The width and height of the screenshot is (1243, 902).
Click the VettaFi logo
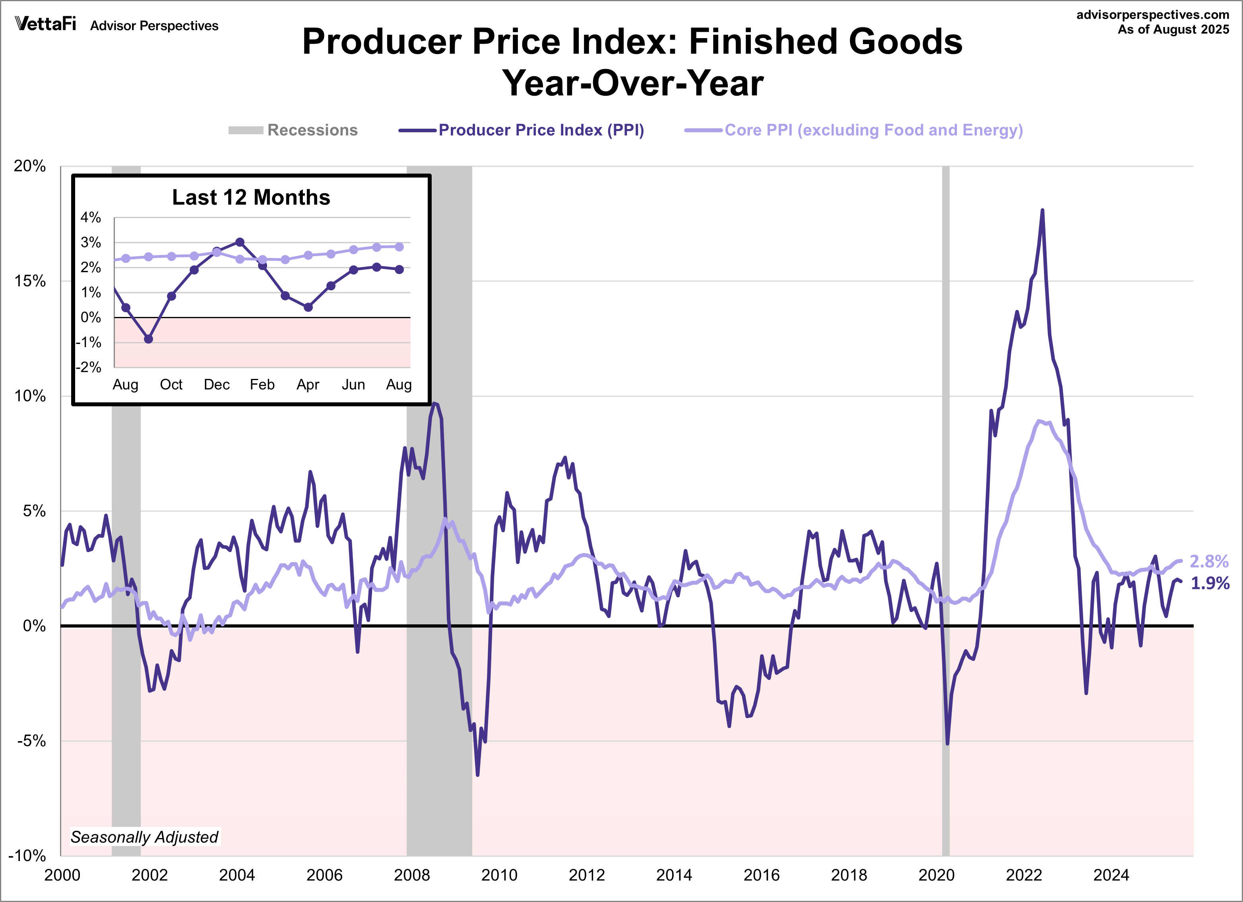(x=45, y=24)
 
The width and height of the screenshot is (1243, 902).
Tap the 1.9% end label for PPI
(x=1210, y=583)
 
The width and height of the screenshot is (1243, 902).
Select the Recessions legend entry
(x=293, y=130)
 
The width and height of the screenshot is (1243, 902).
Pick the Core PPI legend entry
(x=853, y=130)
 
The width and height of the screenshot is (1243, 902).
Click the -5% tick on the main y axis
(x=31, y=741)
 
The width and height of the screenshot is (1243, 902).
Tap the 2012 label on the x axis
(x=586, y=875)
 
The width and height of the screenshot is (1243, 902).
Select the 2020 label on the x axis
(x=936, y=875)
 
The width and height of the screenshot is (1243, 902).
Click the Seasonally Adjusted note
(x=144, y=837)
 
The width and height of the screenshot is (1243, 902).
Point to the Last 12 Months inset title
(x=251, y=197)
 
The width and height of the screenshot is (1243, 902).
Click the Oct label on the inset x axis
(x=171, y=384)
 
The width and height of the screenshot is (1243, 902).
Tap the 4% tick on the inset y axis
(x=90, y=217)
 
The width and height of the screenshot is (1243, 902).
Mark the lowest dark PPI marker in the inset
(x=149, y=339)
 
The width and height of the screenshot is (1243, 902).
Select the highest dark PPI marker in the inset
(x=240, y=242)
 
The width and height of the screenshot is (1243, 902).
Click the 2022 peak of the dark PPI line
(x=1042, y=210)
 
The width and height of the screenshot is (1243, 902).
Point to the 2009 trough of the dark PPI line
(x=477, y=775)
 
